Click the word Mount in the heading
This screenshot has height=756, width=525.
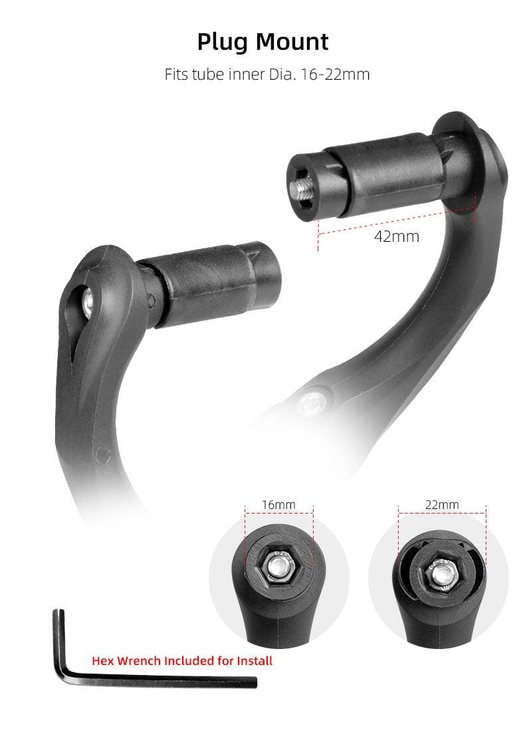[292, 42]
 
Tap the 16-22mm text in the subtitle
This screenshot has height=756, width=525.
[336, 74]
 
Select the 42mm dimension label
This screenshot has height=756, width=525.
[397, 236]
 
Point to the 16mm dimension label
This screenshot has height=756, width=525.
[278, 505]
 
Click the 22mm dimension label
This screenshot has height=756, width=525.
[442, 505]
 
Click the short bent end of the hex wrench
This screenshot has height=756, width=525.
[59, 638]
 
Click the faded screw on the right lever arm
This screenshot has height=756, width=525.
[310, 403]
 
